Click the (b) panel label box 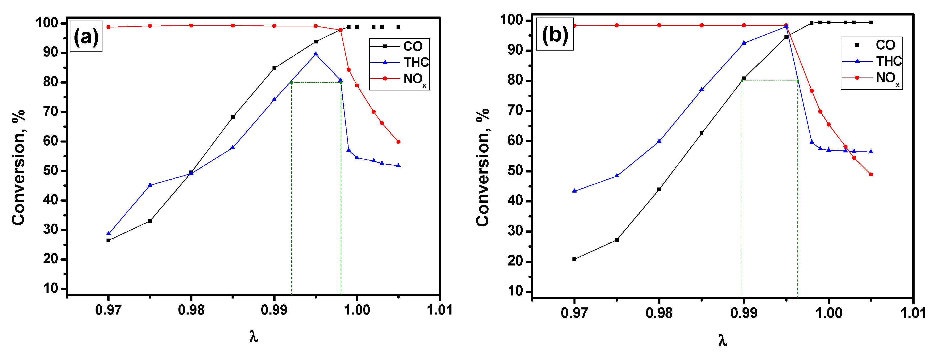click(554, 35)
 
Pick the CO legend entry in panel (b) click(871, 45)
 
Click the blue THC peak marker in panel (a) click(316, 54)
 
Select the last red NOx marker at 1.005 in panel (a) click(398, 142)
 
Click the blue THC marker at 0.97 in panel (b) click(574, 191)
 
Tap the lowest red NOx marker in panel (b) click(871, 175)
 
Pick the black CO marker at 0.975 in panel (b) click(617, 240)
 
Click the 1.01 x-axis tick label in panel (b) click(913, 313)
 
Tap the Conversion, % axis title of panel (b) click(482, 168)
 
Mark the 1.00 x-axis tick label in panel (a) click(357, 310)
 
